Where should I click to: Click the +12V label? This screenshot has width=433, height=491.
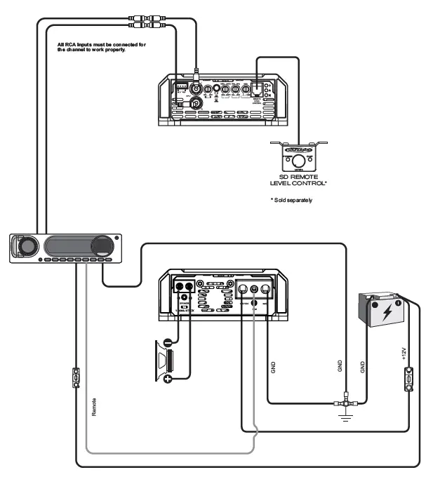[x=405, y=351]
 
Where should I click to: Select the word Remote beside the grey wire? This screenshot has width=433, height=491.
[x=94, y=407]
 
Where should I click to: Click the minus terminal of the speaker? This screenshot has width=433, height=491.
[x=168, y=343]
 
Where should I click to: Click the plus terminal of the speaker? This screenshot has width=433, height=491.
[x=168, y=379]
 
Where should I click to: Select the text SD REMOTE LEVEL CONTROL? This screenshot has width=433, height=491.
[x=299, y=180]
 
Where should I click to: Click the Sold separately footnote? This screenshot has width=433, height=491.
[x=291, y=200]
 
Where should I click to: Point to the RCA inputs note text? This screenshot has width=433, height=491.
[x=102, y=48]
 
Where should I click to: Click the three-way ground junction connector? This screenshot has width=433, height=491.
[x=346, y=403]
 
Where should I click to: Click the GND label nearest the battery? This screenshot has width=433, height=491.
[x=362, y=366]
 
